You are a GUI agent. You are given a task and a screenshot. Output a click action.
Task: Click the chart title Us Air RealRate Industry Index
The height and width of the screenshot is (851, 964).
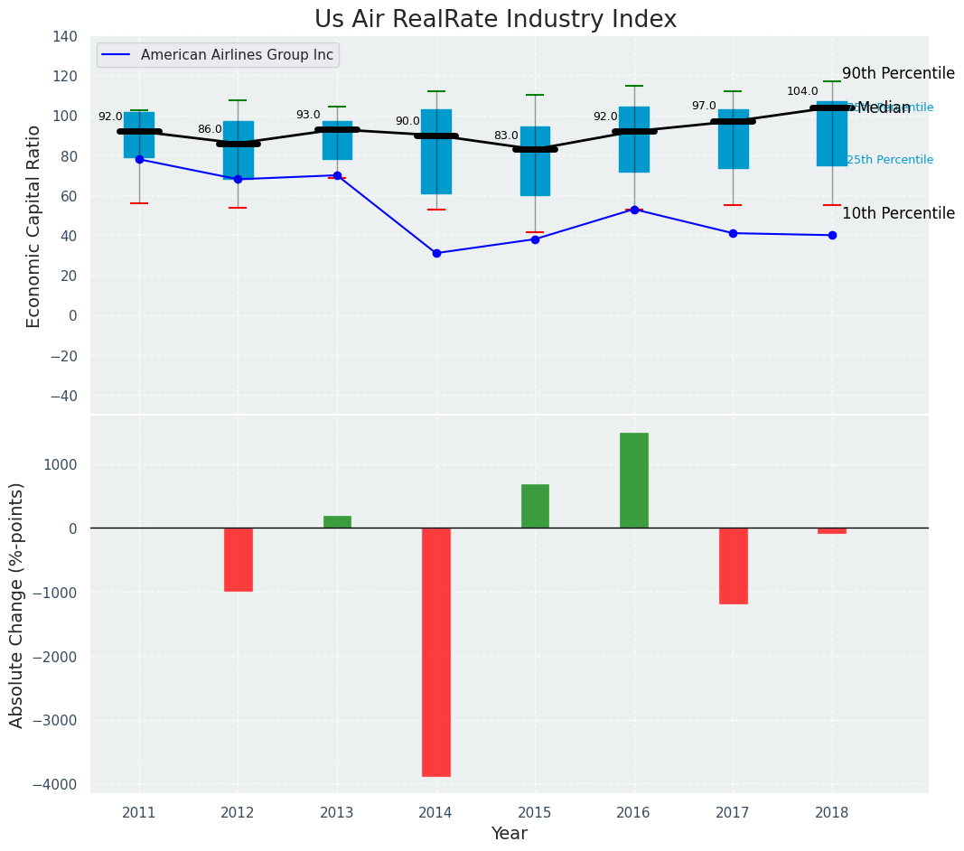(495, 20)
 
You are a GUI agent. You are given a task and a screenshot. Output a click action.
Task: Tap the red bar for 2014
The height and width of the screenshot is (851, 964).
(436, 652)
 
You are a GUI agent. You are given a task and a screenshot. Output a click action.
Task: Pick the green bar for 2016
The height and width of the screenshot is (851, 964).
(634, 481)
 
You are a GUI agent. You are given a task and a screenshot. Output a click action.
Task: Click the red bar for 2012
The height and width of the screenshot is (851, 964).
(239, 560)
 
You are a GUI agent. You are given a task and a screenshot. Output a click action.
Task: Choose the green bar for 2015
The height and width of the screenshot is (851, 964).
(535, 507)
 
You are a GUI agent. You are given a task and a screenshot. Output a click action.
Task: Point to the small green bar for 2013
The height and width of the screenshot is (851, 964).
(337, 522)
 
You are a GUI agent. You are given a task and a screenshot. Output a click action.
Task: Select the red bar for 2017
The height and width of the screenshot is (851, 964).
(733, 566)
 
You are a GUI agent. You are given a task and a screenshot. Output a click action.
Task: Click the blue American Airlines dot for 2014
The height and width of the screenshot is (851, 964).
(436, 254)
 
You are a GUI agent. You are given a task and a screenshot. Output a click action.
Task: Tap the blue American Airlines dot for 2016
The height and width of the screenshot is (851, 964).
(634, 210)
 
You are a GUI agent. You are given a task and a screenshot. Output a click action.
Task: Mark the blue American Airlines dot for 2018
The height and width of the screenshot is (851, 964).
(832, 235)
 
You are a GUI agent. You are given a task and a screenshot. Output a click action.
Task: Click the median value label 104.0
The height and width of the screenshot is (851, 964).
(802, 91)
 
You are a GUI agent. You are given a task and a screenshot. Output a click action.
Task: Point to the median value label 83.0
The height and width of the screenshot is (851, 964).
(506, 136)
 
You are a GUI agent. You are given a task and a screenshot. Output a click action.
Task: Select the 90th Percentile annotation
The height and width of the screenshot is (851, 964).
(898, 74)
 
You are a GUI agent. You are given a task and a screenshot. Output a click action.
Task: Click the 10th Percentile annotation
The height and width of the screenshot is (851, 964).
(898, 214)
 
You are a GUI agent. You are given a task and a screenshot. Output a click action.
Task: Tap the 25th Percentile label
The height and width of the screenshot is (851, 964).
(890, 160)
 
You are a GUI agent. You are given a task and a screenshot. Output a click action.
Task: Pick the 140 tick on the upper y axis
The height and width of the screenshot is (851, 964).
(65, 37)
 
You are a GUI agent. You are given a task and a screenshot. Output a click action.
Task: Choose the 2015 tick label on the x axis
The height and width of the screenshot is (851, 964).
(535, 812)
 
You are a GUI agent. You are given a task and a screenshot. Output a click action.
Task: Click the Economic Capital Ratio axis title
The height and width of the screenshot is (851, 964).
(34, 226)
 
